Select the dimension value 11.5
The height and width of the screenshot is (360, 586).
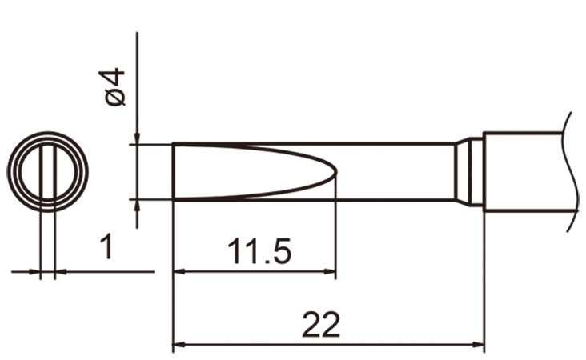click(259, 252)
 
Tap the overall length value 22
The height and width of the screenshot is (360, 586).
click(322, 325)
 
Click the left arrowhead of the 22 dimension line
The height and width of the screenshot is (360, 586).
click(179, 346)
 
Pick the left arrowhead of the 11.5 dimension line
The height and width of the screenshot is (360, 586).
click(179, 271)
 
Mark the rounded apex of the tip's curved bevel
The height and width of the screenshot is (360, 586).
click(334, 171)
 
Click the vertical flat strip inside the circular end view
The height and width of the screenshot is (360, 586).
click(47, 171)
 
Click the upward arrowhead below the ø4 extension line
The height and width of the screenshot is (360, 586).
click(138, 205)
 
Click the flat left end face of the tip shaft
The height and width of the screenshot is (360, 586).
click(174, 171)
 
